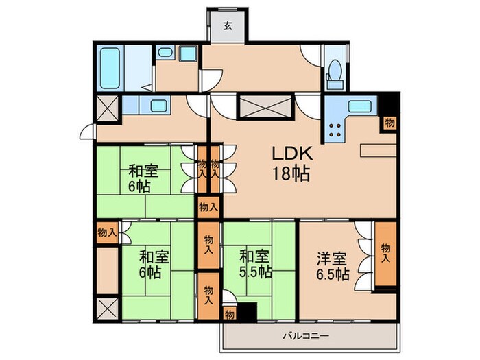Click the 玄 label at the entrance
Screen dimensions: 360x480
pos(225,28)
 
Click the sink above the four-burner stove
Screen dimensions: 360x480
pos(359,106)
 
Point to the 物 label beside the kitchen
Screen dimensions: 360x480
pos(389,123)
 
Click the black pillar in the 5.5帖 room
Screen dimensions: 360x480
pos(245,311)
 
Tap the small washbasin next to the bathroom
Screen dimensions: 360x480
pos(165,53)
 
